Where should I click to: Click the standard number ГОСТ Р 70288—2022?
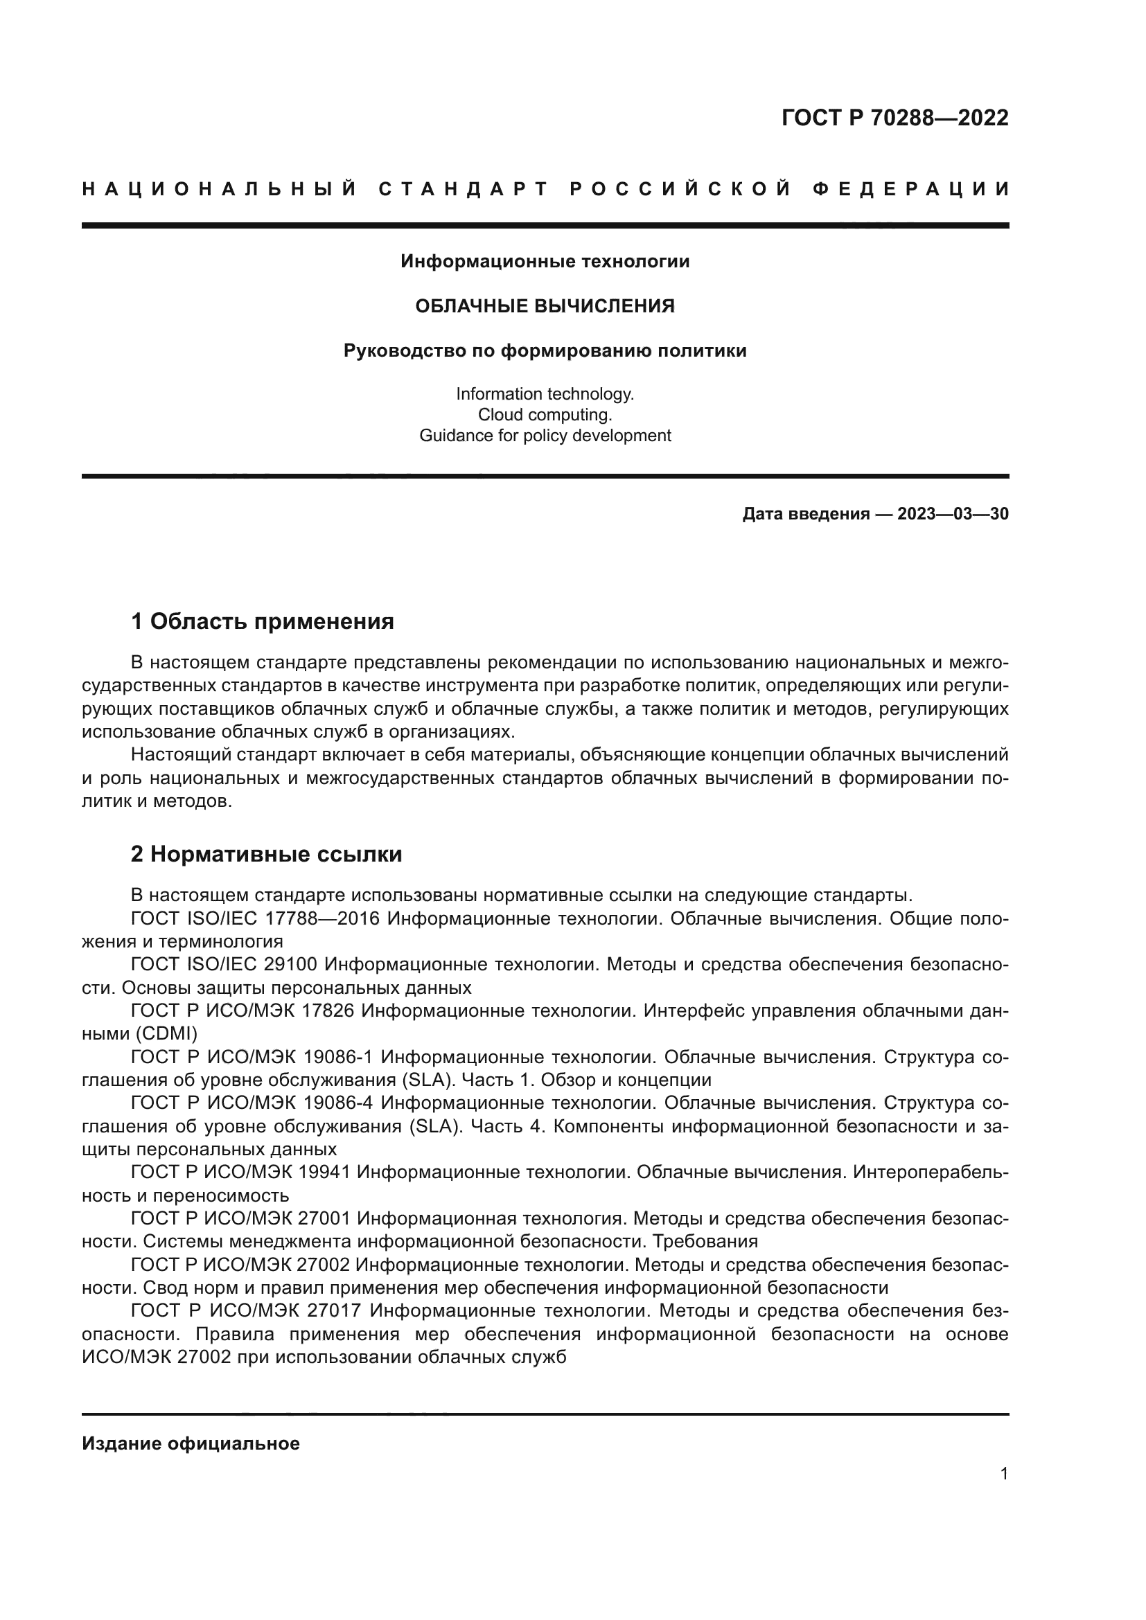point(894,118)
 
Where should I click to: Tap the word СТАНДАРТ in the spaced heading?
point(463,189)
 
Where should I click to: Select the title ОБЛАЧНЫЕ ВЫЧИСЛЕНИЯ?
point(545,306)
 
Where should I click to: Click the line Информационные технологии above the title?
point(545,262)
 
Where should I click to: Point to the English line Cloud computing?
point(545,414)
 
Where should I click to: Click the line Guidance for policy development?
point(545,436)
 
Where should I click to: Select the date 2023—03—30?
point(953,514)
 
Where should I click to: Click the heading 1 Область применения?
point(263,621)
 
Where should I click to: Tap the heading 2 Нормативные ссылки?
point(267,855)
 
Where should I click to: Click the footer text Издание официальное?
point(191,1443)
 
